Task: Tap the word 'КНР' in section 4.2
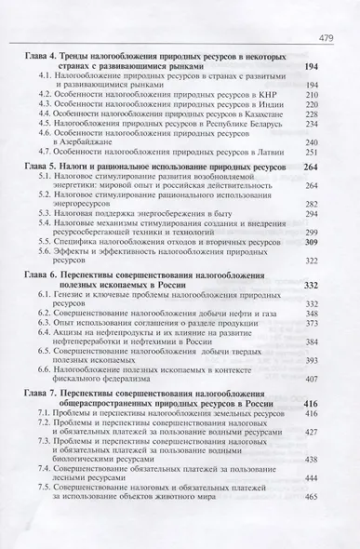click(265, 97)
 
